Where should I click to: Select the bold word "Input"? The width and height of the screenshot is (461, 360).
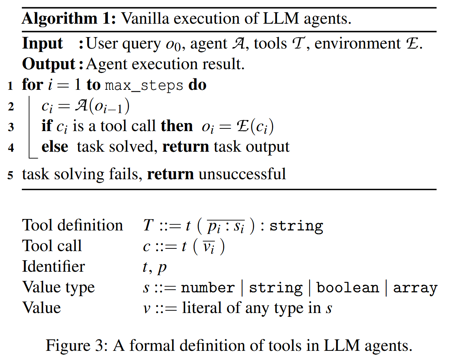(42, 43)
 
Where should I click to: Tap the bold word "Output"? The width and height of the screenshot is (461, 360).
(49, 64)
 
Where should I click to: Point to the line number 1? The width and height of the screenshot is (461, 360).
(11, 86)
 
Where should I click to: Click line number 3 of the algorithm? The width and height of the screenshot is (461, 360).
(11, 127)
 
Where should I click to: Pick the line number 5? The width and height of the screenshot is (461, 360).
(11, 175)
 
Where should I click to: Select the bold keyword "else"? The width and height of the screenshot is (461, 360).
(55, 147)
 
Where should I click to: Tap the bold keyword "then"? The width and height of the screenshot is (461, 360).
(177, 126)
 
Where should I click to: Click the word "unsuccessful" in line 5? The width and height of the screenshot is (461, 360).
(242, 174)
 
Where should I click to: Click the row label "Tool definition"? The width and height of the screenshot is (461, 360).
(73, 225)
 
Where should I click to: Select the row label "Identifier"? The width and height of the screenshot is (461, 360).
(54, 266)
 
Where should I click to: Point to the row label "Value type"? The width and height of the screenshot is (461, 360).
(59, 287)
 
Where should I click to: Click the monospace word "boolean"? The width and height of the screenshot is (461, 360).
(348, 287)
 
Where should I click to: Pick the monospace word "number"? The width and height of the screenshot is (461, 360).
(208, 287)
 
